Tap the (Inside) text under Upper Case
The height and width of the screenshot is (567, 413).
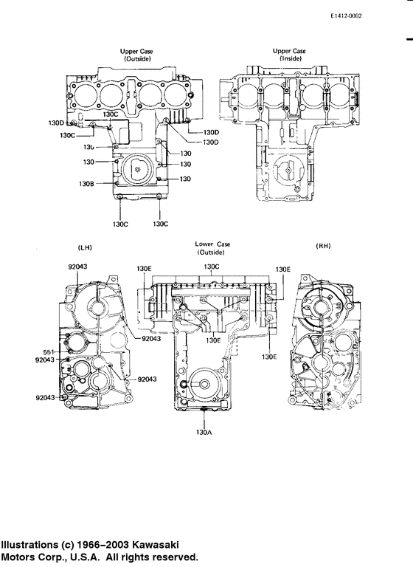click(290, 59)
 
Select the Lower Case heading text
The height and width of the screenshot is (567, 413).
click(212, 244)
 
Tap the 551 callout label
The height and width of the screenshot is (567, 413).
click(49, 351)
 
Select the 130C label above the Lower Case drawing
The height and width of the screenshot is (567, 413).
click(212, 267)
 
